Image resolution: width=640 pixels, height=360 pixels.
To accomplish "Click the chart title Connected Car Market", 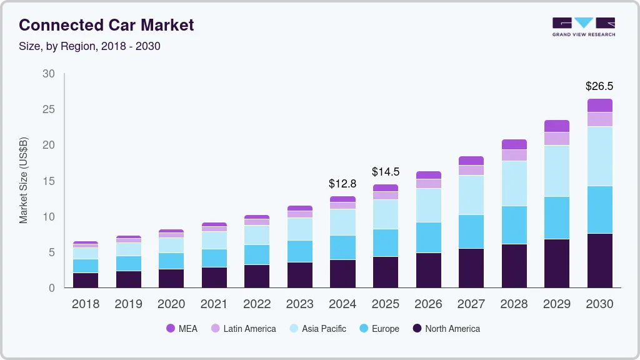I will tap(106, 25).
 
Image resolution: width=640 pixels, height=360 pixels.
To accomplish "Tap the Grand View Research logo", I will tap(583, 26).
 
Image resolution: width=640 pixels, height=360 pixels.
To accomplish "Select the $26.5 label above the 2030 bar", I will tap(599, 86).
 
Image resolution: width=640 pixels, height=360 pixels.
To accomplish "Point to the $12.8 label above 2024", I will tap(342, 184).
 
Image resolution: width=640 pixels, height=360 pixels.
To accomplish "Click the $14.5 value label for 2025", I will tap(386, 171).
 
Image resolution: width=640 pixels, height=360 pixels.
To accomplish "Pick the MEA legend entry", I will tap(182, 328).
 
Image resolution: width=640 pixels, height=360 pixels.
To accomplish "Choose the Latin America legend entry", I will tap(243, 328).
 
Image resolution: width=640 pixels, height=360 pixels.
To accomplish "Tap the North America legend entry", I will tap(446, 328).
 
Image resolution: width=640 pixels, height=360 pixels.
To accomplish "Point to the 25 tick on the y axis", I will tap(48, 109).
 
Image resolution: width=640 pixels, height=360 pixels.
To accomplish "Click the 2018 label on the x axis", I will tap(85, 304).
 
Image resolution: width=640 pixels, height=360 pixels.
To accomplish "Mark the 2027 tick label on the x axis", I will tap(471, 304).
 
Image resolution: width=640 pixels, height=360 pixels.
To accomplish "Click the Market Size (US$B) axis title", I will tap(24, 180).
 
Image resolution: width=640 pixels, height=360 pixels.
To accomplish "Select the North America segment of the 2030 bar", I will tap(599, 261).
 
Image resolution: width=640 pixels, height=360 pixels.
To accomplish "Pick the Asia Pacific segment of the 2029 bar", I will tap(557, 171).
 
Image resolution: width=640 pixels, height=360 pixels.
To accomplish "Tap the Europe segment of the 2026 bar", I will tap(428, 237).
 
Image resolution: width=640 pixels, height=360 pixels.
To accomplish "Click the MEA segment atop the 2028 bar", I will tap(514, 144).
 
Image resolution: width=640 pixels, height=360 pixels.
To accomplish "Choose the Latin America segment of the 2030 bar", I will tap(599, 119).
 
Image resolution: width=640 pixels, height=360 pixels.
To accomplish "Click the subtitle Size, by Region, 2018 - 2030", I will tap(90, 46).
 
